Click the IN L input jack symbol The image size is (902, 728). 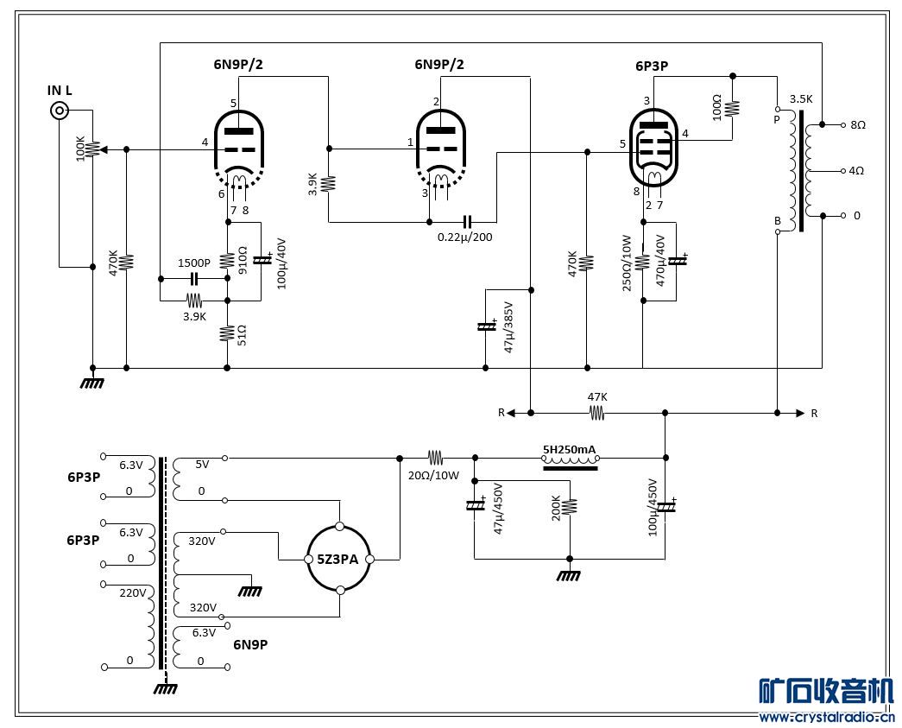60,110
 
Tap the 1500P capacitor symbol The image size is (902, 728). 194,280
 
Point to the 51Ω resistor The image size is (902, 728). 227,334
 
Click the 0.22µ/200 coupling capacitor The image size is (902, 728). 467,222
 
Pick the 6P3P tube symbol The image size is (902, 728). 654,149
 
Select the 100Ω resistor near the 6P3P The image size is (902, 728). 732,108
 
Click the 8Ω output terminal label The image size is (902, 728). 858,125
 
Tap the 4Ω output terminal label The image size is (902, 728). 856,171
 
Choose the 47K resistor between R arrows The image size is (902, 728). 596,413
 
